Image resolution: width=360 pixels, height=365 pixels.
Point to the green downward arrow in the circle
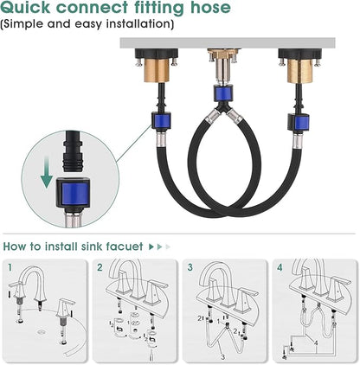pos(46,176)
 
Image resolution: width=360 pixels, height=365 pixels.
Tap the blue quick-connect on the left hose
pos(162,121)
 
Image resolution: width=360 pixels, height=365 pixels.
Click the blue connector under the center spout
pos(224,93)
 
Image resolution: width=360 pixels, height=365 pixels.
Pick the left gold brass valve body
pos(156,70)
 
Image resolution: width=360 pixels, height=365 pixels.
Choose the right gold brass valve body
pos(299,71)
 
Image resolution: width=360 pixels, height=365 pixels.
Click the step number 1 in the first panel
pos(10,267)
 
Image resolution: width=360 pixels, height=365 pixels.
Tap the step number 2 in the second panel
pos(100,267)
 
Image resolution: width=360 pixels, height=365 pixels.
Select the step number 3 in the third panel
pos(190,267)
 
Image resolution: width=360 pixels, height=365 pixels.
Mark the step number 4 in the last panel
pos(280,267)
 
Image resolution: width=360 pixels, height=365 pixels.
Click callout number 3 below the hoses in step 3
pos(222,357)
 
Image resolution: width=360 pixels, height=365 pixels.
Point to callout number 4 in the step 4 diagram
pos(316,343)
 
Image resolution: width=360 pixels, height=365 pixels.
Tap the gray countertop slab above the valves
pos(228,42)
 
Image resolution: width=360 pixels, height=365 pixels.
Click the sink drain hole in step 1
pos(41,332)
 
